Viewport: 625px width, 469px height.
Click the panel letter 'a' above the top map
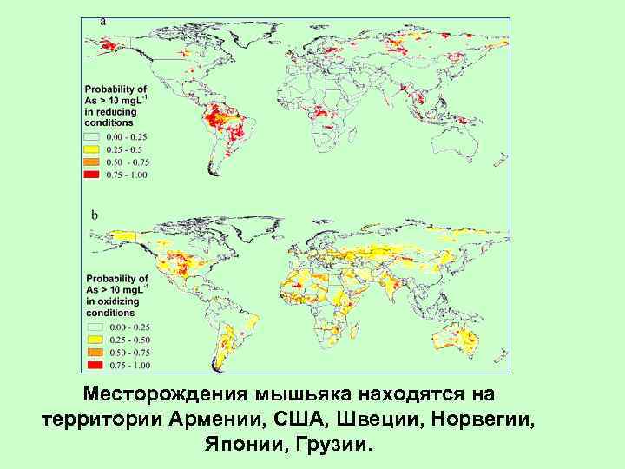click(104, 19)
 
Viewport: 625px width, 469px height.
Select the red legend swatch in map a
click(93, 175)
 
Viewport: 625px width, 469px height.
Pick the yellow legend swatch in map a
click(93, 149)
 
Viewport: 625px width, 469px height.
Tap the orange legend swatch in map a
click(93, 162)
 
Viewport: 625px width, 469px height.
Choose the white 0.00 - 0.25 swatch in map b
click(93, 325)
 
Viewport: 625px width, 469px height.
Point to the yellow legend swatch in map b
click(93, 338)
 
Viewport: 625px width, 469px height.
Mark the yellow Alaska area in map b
click(113, 235)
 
